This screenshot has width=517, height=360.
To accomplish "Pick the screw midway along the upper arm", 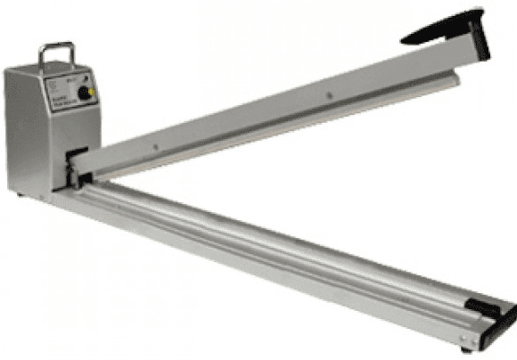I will (x=328, y=92).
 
